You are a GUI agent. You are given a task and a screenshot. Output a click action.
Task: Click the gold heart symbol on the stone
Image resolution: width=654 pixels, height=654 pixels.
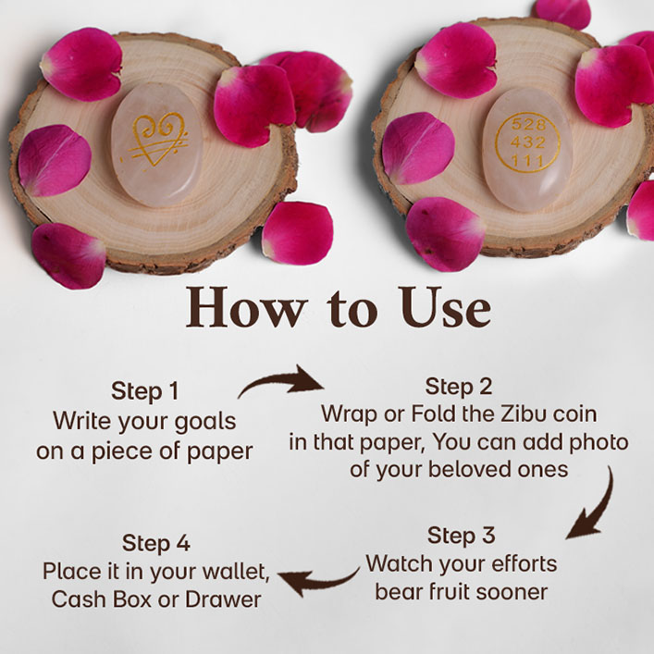pos(155,139)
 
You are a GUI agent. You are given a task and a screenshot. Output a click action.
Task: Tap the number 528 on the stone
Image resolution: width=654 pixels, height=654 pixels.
pos(528,124)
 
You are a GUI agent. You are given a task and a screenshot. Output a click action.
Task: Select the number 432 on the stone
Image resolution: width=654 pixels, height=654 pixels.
pos(528,142)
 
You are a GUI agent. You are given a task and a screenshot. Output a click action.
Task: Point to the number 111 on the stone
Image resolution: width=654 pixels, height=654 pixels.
pos(528,161)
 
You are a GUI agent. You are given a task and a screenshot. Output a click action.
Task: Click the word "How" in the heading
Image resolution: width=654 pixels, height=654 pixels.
pos(245,307)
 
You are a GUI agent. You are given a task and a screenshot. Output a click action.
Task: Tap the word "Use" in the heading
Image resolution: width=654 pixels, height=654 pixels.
pos(446,307)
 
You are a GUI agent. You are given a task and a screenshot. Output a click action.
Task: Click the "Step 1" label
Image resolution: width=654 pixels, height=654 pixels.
pos(144,391)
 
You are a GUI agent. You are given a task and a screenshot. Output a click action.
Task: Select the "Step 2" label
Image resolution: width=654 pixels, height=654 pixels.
pos(459,387)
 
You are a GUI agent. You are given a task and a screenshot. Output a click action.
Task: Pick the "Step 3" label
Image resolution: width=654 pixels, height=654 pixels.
pos(461,535)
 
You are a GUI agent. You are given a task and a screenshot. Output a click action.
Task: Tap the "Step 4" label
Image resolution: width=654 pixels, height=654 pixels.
pos(156,544)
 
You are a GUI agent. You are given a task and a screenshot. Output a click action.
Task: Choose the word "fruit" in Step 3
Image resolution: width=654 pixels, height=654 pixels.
pos(463,592)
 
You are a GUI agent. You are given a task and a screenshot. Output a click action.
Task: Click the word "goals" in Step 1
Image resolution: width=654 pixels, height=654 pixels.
pos(205,422)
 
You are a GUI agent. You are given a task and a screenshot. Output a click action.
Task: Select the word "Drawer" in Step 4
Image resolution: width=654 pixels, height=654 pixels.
pos(223,599)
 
